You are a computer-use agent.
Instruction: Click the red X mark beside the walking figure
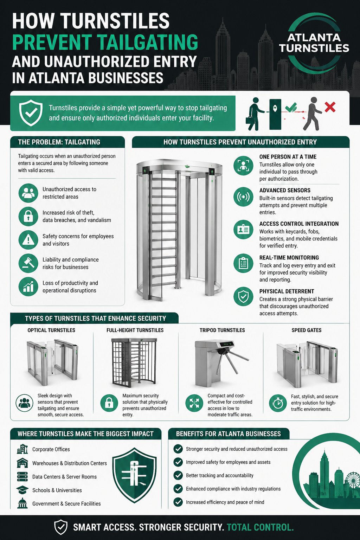click(330, 107)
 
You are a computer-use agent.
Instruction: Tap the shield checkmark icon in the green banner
click(31, 112)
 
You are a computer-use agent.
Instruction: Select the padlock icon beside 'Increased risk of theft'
click(28, 216)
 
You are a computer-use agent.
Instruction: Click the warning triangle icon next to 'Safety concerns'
click(28, 240)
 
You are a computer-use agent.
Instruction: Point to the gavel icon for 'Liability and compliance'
click(28, 263)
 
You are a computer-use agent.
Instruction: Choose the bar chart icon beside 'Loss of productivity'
click(28, 287)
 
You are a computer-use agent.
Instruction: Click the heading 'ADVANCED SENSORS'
click(285, 191)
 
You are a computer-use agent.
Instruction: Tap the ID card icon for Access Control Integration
click(243, 230)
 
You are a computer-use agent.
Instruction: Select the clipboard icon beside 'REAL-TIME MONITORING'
click(243, 263)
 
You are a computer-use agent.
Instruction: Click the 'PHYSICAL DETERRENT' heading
click(287, 291)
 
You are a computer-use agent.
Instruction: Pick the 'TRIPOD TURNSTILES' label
click(222, 330)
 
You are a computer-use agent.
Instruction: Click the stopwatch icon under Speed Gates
click(278, 403)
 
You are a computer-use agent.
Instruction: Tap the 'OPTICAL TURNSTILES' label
click(51, 330)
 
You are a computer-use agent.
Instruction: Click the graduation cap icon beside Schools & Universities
click(22, 490)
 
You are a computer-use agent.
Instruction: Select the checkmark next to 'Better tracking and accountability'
click(178, 475)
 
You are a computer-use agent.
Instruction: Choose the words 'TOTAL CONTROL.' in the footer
click(260, 527)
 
